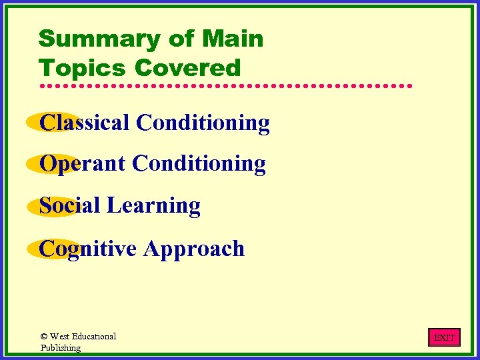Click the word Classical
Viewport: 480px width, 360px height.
click(85, 123)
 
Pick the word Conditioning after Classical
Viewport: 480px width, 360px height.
click(203, 123)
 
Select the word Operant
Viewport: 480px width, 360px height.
click(83, 164)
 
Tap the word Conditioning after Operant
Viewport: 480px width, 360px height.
click(199, 163)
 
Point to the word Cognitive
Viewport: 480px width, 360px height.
click(88, 249)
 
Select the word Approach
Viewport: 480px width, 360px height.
click(194, 249)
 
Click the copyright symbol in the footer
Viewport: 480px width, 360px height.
click(44, 337)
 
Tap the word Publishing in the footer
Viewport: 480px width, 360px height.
click(61, 347)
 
